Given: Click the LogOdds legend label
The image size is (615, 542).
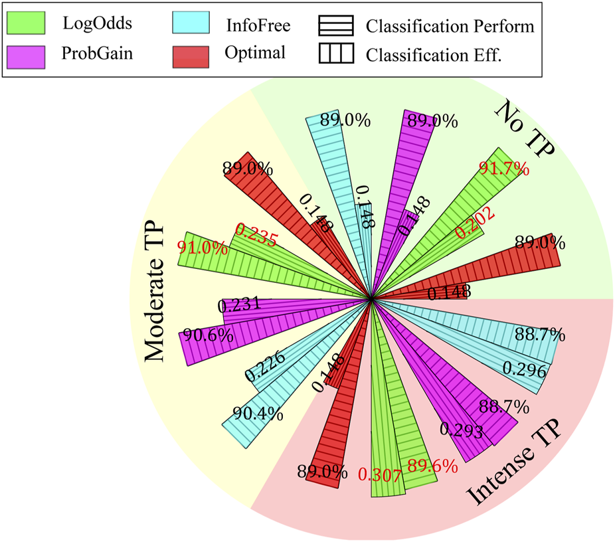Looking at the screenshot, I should pyautogui.click(x=97, y=24).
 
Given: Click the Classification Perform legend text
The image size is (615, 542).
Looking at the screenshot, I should pyautogui.click(x=450, y=27).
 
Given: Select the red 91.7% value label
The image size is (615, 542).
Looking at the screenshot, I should pyautogui.click(x=504, y=167).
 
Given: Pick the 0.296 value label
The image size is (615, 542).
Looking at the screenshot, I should pyautogui.click(x=524, y=369).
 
